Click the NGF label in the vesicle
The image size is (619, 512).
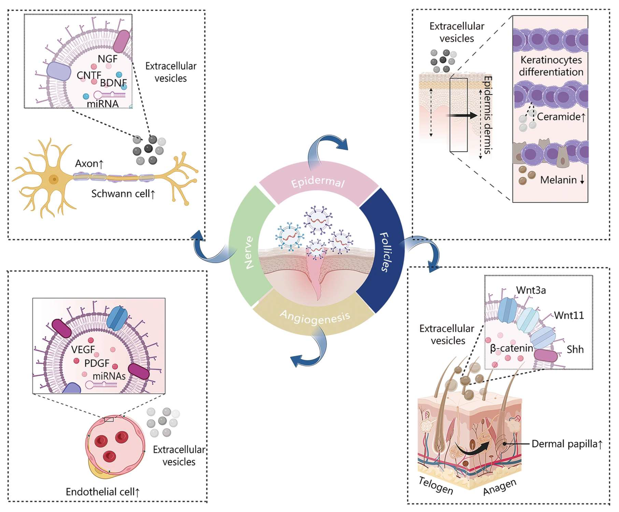point(108,59)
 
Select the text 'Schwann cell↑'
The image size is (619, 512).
point(123,194)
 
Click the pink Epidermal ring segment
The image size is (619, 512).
point(318,182)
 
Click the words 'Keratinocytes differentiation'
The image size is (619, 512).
point(551,66)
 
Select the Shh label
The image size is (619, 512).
point(575,349)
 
